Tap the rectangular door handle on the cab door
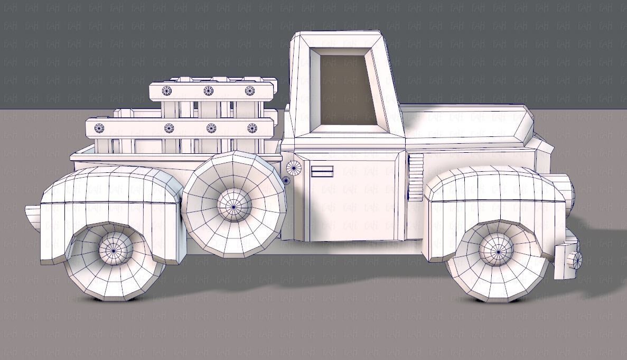pos(322,171)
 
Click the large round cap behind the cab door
pos(294,168)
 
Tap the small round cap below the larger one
pos(286,181)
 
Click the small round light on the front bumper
pos(576,260)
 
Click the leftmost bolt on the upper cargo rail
pos(167,90)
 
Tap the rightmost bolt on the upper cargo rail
pos(250,90)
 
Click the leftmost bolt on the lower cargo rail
pos(99,127)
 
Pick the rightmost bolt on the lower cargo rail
pos(252,128)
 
